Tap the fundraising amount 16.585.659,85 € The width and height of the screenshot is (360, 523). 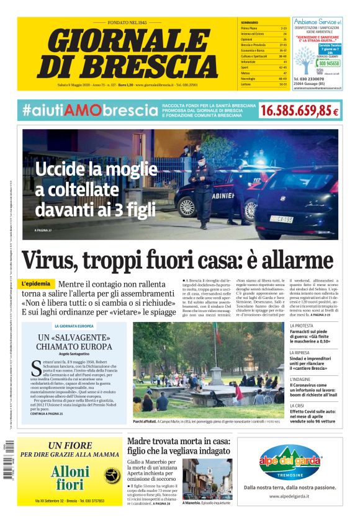300,110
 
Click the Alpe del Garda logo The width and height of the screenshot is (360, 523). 293,460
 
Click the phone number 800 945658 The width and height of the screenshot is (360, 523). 329,63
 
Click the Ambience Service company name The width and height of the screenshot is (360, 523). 313,21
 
